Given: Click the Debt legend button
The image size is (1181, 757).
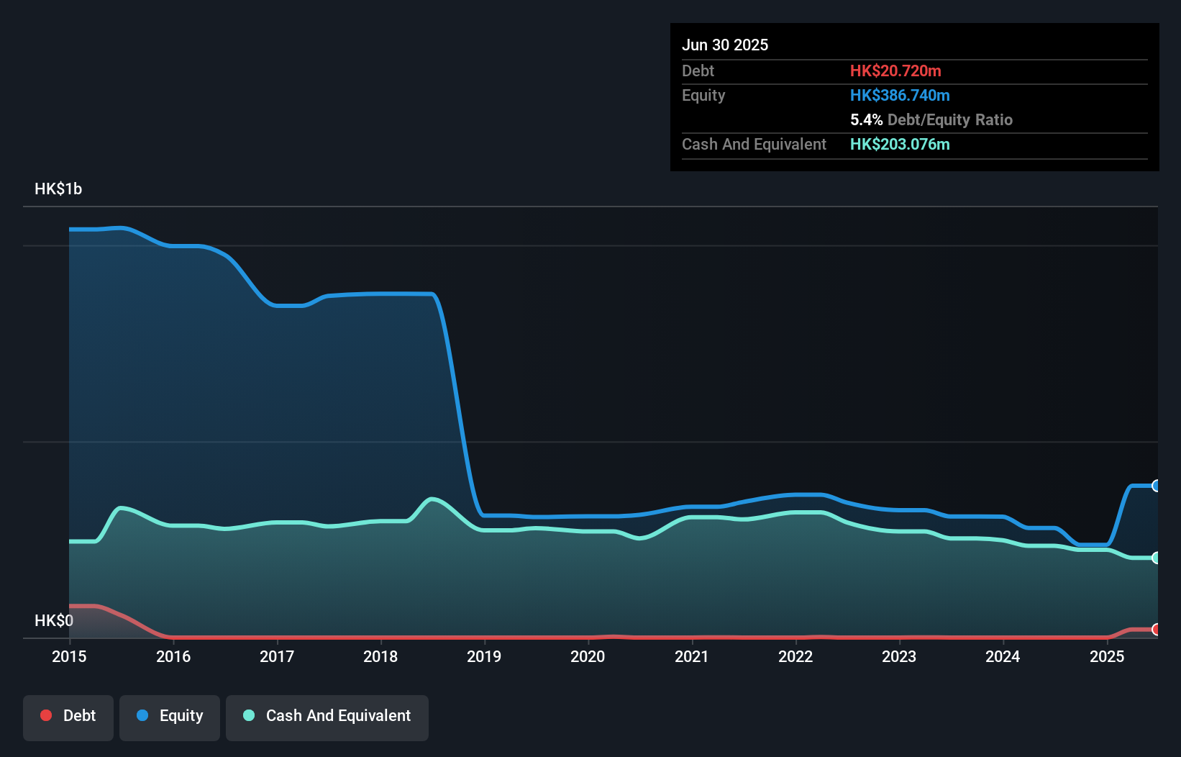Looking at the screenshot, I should tap(68, 717).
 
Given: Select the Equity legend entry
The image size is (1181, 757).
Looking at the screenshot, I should tap(170, 717).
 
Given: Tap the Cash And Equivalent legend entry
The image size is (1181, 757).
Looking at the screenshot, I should tap(327, 717).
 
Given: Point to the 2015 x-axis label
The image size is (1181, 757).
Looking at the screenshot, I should tap(69, 656).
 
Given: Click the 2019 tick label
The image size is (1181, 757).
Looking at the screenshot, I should tap(484, 656).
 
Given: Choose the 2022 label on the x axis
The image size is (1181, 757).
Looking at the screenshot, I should tap(795, 656).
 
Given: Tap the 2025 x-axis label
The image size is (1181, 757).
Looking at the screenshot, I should tap(1106, 656).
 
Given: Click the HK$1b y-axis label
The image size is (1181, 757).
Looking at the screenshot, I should tap(58, 189).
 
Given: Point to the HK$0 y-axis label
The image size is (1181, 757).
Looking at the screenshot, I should tap(54, 620).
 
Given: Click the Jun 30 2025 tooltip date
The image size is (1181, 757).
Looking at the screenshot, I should tap(725, 45).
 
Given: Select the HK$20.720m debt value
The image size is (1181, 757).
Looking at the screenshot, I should tap(895, 71).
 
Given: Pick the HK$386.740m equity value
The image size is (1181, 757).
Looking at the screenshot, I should tap(900, 96).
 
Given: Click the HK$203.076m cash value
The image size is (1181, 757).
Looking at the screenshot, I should tap(900, 145).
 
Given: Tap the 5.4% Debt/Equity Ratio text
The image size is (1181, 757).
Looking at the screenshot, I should tap(931, 120).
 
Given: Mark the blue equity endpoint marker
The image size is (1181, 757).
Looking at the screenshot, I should tap(1156, 486).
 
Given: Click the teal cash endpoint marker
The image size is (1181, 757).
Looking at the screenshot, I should tap(1156, 558).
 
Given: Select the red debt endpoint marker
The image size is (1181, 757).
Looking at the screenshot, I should tap(1156, 630).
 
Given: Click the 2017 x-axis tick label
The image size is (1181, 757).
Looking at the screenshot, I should tap(277, 656).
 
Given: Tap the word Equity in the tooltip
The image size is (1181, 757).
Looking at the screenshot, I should tap(703, 96).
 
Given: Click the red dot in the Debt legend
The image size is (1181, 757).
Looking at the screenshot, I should tap(46, 715).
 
